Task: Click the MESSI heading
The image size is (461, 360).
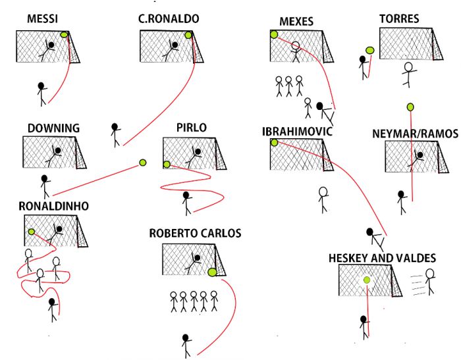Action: pyautogui.click(x=42, y=19)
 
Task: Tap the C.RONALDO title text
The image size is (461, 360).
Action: pyautogui.click(x=169, y=19)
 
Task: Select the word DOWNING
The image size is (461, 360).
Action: pyautogui.click(x=53, y=128)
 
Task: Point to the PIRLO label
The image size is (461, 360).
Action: pyautogui.click(x=192, y=128)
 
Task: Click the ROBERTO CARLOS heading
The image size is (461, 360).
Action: pyautogui.click(x=195, y=233)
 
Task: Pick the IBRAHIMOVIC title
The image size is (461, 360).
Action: pyautogui.click(x=297, y=132)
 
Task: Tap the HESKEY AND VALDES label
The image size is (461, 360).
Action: pyautogui.click(x=382, y=258)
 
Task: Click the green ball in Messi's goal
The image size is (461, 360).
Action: pyautogui.click(x=64, y=35)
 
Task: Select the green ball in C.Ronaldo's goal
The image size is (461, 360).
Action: pyautogui.click(x=188, y=36)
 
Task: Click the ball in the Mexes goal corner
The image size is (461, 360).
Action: pyautogui.click(x=274, y=34)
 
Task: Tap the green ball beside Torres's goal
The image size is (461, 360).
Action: pyautogui.click(x=370, y=51)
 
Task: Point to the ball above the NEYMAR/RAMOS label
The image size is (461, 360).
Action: pyautogui.click(x=410, y=107)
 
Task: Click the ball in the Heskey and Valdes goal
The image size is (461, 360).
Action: pyautogui.click(x=367, y=280)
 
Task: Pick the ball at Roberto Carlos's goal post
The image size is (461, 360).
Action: pyautogui.click(x=212, y=272)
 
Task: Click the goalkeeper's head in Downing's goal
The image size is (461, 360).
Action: pyautogui.click(x=58, y=151)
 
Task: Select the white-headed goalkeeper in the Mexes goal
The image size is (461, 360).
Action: pyautogui.click(x=296, y=52)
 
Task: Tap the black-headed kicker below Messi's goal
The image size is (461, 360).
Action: pyautogui.click(x=41, y=94)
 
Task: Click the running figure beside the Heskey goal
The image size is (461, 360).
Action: pyautogui.click(x=430, y=282)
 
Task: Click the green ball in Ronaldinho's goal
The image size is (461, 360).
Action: pyautogui.click(x=32, y=232)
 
